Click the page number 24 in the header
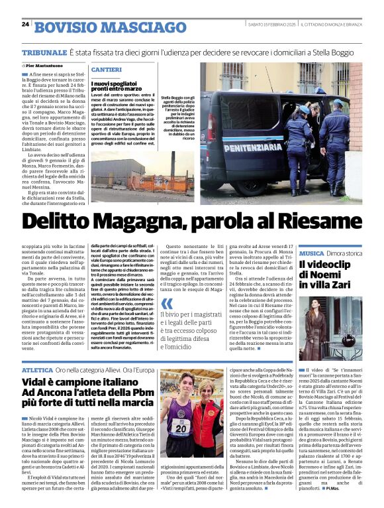[x=25, y=24]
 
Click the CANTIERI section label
[x=106, y=70]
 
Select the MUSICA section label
[x=311, y=254]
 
